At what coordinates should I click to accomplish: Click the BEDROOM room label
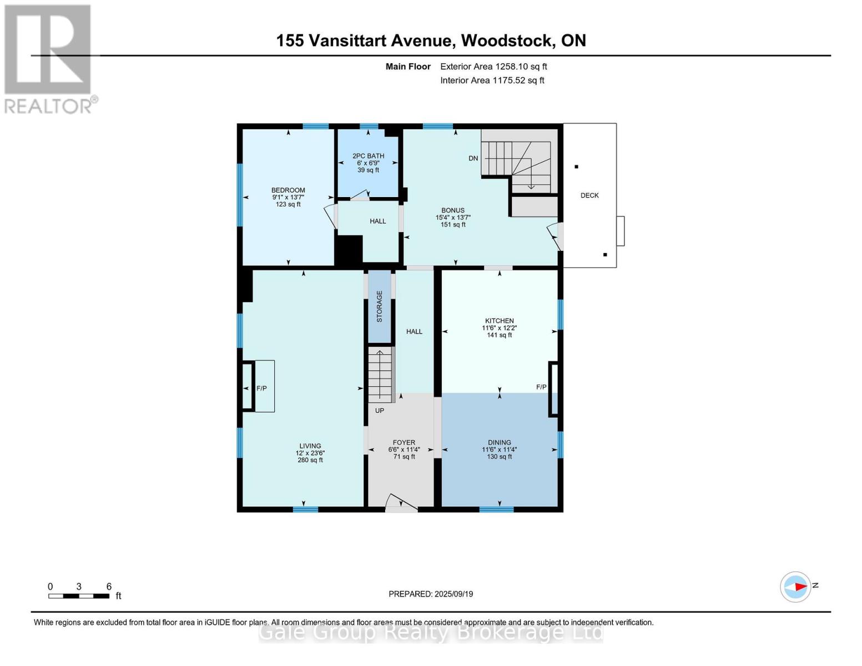pyautogui.click(x=288, y=190)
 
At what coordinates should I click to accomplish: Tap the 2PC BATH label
pyautogui.click(x=368, y=156)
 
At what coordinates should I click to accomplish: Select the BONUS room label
pyautogui.click(x=453, y=210)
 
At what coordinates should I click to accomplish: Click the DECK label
pyautogui.click(x=589, y=195)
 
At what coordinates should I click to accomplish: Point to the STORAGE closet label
pyautogui.click(x=380, y=306)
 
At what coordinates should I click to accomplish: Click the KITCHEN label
pyautogui.click(x=499, y=321)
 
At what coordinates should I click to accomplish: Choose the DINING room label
pyautogui.click(x=499, y=443)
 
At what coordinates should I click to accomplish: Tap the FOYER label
pyautogui.click(x=404, y=443)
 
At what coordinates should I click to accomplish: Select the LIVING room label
pyautogui.click(x=310, y=446)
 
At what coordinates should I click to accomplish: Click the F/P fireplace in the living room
pyautogui.click(x=261, y=388)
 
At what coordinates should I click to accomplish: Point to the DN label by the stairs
pyautogui.click(x=473, y=158)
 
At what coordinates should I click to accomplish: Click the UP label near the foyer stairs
pyautogui.click(x=380, y=411)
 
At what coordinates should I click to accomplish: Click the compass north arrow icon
pyautogui.click(x=796, y=587)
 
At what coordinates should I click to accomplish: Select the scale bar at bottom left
pyautogui.click(x=79, y=596)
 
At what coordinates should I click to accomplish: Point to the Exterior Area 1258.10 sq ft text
pyautogui.click(x=493, y=67)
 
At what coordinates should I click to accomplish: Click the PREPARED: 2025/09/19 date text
pyautogui.click(x=431, y=594)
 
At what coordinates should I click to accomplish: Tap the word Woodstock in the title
pyautogui.click(x=507, y=41)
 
